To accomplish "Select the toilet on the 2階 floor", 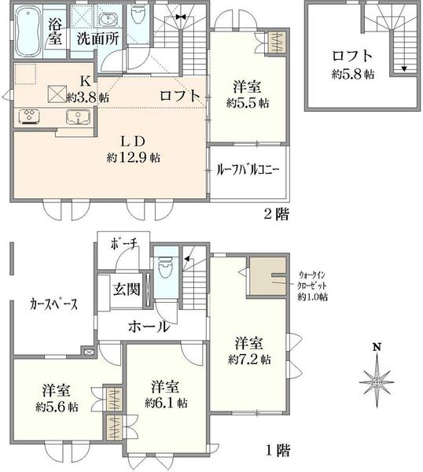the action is (138, 14).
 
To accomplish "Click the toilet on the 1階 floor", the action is (164, 267).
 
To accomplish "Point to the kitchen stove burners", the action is (29, 116).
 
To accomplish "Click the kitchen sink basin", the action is (78, 116).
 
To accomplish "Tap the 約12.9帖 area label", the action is (134, 157).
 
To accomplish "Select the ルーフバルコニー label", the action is (248, 170).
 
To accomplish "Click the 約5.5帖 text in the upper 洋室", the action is (248, 103).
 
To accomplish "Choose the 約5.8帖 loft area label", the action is (353, 75).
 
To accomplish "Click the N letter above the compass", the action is (377, 347).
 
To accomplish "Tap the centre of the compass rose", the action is (377, 382).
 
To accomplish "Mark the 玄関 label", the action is (127, 289).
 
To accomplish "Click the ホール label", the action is (149, 326).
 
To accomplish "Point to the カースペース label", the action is (53, 304).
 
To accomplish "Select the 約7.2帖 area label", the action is (249, 360).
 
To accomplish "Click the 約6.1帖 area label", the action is (166, 403).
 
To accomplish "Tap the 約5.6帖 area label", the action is (57, 407).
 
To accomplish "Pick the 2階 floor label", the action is (277, 215).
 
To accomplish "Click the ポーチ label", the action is (124, 244).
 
